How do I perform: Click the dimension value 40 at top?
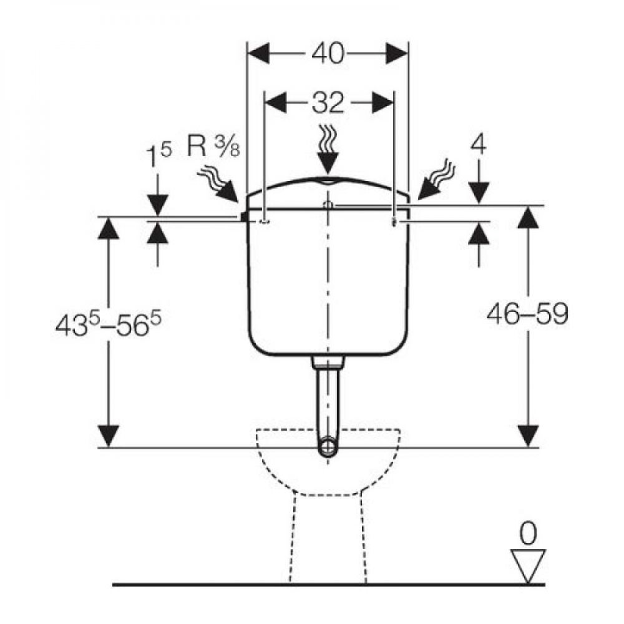point(328,54)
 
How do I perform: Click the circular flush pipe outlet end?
point(328,447)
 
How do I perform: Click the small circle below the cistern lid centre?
point(329,205)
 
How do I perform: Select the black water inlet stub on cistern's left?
point(243,216)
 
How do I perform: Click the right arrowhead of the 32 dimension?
point(382,102)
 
